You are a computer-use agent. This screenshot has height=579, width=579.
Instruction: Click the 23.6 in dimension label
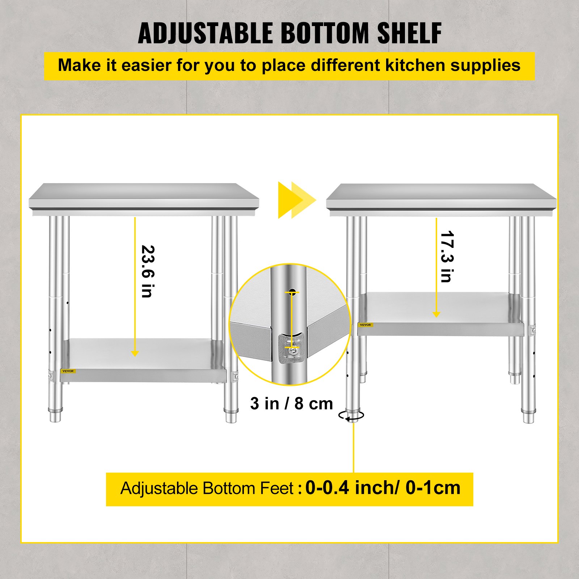tap(148, 271)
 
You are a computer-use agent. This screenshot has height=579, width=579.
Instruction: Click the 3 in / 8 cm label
tap(291, 403)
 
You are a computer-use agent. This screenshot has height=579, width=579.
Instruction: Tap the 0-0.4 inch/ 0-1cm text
tap(383, 488)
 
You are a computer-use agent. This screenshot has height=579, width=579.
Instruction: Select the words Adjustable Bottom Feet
tap(207, 489)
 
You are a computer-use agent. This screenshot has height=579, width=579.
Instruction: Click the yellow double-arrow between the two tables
tap(296, 200)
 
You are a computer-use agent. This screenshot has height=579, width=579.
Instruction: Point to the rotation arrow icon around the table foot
tap(351, 416)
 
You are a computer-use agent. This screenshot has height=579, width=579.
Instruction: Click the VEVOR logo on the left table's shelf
tap(68, 371)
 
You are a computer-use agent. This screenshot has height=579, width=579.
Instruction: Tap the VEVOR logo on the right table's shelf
tap(365, 325)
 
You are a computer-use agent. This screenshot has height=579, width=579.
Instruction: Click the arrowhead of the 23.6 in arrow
tap(135, 353)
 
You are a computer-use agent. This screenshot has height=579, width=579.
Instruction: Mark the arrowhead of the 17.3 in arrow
tap(436, 314)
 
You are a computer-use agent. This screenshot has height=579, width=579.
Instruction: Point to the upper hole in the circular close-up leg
tap(292, 291)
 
